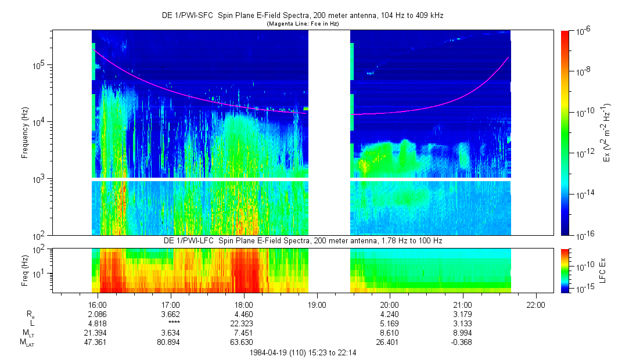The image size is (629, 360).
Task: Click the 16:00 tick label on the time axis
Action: click(x=97, y=304)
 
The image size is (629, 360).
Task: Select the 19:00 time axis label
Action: click(x=316, y=304)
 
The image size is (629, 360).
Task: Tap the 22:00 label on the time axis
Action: click(x=535, y=304)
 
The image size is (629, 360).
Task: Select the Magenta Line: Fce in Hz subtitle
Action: click(x=302, y=24)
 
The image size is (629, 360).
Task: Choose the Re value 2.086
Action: click(x=97, y=314)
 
